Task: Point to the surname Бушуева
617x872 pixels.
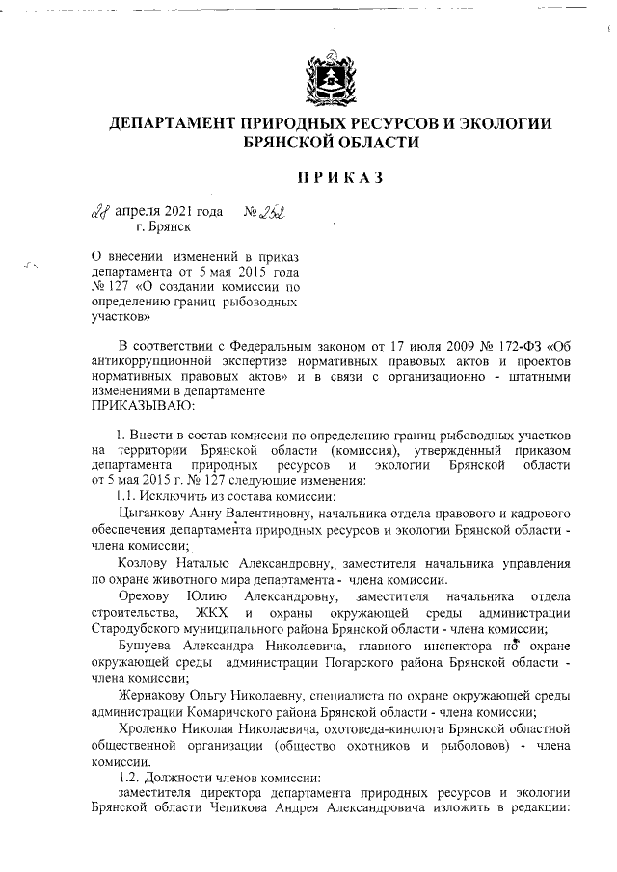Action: [x=150, y=646]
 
